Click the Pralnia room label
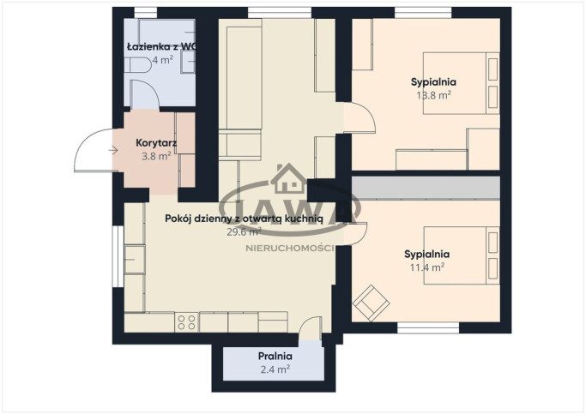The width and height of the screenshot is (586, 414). click(x=275, y=356)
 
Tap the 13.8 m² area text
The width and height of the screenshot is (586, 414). click(x=433, y=95)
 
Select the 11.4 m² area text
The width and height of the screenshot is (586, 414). click(x=426, y=267)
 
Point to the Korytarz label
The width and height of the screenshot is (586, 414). click(x=156, y=142)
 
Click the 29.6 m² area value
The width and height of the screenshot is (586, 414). click(x=244, y=231)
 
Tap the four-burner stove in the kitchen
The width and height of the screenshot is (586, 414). click(x=186, y=322)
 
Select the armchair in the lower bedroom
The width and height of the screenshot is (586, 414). click(x=372, y=303)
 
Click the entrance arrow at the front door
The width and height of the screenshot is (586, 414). click(x=113, y=151)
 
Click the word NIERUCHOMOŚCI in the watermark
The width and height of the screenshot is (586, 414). click(x=290, y=249)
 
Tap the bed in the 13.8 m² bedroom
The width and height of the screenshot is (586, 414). click(x=462, y=83)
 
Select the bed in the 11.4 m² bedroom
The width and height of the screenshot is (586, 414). click(x=462, y=255)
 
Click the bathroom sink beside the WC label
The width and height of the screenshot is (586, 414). click(x=188, y=62)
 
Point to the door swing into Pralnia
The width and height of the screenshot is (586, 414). click(x=311, y=328)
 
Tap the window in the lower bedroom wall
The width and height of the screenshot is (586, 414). click(x=428, y=328)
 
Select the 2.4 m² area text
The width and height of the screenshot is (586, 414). click(x=275, y=369)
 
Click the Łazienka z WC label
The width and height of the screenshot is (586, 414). click(x=161, y=46)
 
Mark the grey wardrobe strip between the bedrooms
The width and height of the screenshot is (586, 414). click(x=426, y=188)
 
